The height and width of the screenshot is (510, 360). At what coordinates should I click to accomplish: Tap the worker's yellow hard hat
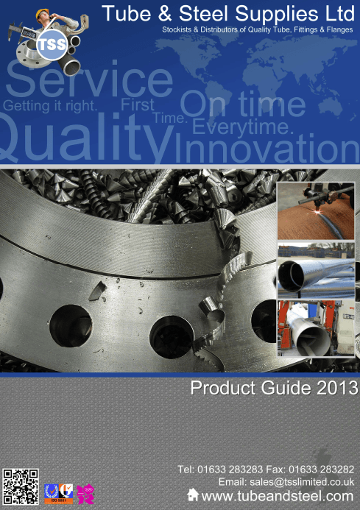point(46,13)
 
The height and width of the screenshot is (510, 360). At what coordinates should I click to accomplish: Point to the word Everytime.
point(243,127)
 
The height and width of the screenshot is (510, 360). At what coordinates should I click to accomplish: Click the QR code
point(21,486)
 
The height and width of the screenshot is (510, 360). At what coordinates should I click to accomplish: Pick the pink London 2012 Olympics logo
point(85,492)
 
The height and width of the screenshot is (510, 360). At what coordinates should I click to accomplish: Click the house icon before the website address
point(194,495)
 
